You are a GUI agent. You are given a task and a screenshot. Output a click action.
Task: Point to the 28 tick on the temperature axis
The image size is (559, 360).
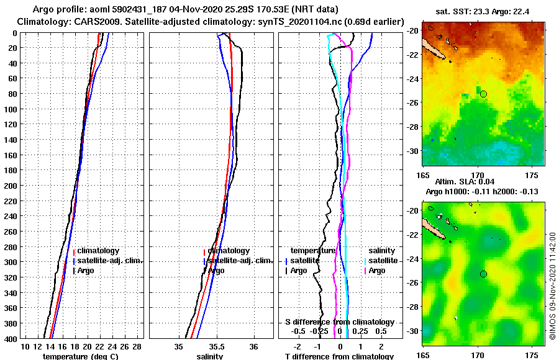click(x=137, y=346)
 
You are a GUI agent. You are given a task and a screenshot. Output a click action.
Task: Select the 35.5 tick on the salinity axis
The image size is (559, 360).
click(x=217, y=346)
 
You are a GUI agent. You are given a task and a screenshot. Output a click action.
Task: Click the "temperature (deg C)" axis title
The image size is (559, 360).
click(x=80, y=356)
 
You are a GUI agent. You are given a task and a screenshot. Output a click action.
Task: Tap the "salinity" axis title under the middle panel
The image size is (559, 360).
click(x=211, y=356)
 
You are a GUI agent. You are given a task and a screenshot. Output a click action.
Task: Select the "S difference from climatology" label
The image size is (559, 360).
click(x=339, y=322)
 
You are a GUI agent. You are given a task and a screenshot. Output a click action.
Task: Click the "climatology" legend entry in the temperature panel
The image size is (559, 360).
click(x=97, y=251)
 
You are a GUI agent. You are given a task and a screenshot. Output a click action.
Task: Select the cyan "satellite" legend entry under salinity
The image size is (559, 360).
click(x=383, y=261)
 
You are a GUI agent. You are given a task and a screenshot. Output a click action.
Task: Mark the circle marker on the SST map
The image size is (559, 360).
click(x=483, y=94)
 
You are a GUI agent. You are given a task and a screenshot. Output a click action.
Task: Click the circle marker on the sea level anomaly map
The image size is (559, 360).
click(x=483, y=274)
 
